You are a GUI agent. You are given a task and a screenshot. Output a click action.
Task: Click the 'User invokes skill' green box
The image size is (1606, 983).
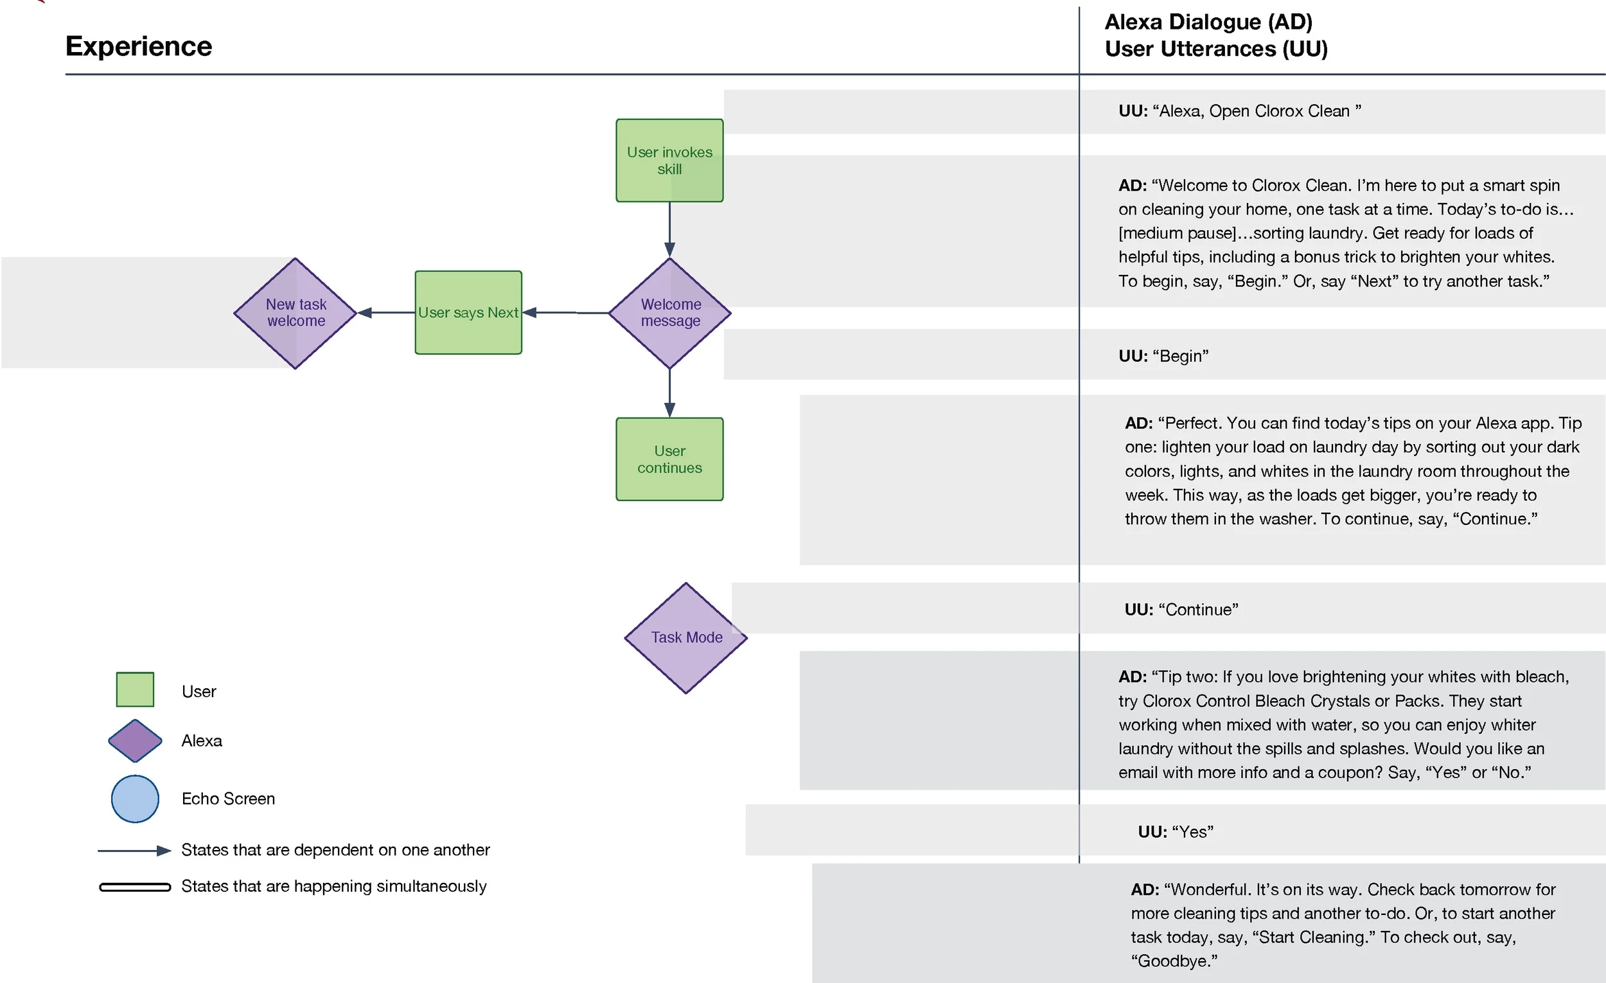point(669,161)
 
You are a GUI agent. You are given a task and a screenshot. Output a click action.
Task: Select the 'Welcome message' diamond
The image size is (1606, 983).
point(669,313)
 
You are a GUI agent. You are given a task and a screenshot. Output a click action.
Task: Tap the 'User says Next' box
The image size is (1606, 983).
point(468,313)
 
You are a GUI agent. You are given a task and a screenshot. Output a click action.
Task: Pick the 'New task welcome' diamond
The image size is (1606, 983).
point(296,313)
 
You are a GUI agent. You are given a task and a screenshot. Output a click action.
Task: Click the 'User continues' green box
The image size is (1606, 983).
point(669,459)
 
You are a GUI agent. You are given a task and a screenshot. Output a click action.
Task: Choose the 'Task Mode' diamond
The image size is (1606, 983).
point(685,637)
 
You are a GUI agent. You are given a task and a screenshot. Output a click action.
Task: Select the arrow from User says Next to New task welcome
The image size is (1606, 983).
point(386,313)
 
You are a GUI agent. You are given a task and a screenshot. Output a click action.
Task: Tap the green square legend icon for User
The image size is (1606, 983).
point(135,689)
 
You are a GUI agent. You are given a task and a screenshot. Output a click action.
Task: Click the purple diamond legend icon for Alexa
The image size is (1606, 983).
point(135,741)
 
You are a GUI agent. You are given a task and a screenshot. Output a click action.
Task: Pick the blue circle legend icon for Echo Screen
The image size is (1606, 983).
point(135,799)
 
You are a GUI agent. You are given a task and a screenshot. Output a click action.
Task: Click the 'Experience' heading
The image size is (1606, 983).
point(139,46)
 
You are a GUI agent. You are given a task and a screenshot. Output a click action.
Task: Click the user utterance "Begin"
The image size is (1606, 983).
point(1163,356)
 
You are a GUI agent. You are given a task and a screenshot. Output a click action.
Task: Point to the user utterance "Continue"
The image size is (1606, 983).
point(1181,610)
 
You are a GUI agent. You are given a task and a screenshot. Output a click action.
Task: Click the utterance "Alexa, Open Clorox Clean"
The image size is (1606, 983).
point(1240,111)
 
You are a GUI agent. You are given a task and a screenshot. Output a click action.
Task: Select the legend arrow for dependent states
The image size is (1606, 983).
point(134,851)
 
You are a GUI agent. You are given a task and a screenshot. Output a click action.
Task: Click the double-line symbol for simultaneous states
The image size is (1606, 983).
point(135,887)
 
